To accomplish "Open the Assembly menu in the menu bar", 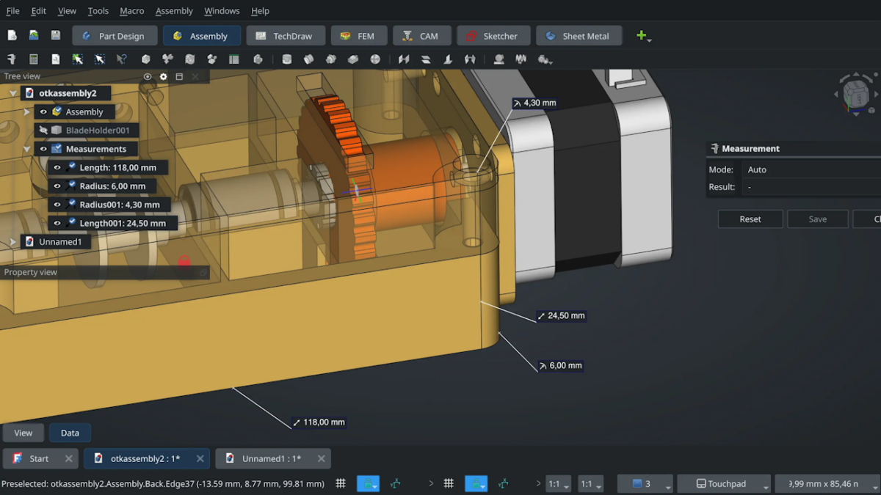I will (174, 11).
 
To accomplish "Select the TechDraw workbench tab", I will (284, 36).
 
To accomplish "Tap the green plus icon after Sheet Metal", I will (642, 36).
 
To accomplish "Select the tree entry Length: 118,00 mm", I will (117, 168).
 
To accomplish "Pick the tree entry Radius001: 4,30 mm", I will (119, 205).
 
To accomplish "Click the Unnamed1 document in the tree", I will (60, 241).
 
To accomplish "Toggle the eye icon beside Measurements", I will (43, 149).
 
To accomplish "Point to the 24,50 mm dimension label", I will (562, 316).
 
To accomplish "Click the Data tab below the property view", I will (70, 433).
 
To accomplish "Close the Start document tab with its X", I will (68, 459).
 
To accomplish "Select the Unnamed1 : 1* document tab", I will (271, 459).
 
